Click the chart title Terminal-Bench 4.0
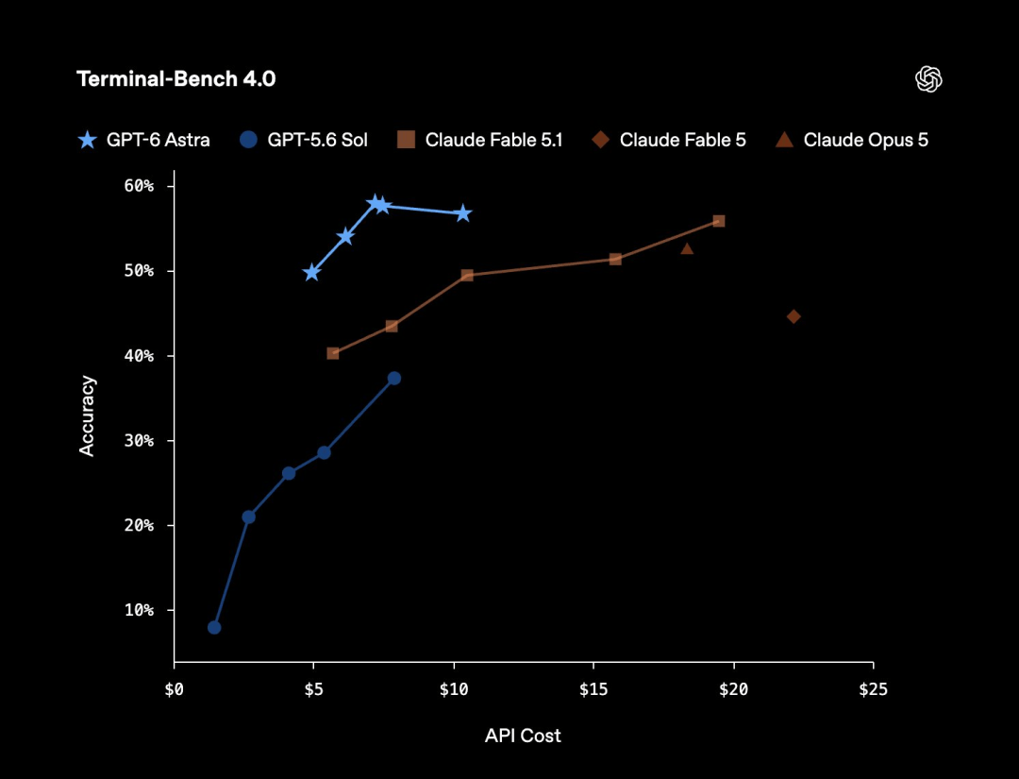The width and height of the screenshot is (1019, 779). click(x=176, y=79)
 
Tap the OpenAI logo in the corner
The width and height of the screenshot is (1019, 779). click(x=928, y=79)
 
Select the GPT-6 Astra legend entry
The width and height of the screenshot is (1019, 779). click(x=143, y=140)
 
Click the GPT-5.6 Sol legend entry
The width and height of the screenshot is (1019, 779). click(x=304, y=140)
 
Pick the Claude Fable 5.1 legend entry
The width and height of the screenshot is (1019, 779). click(x=479, y=140)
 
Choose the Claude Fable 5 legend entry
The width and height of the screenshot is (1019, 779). click(x=669, y=140)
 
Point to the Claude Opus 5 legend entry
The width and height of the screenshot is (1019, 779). click(x=852, y=140)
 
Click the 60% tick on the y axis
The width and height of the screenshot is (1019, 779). click(x=139, y=187)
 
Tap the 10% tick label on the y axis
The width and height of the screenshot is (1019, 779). click(x=139, y=611)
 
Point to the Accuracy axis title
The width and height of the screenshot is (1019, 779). click(x=87, y=416)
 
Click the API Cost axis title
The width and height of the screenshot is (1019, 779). click(x=523, y=736)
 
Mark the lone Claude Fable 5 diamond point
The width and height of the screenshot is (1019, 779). click(x=793, y=316)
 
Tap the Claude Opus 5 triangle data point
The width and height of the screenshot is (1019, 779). click(x=687, y=248)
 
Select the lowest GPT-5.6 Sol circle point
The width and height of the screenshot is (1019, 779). click(x=214, y=628)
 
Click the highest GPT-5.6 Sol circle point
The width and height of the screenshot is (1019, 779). click(x=393, y=379)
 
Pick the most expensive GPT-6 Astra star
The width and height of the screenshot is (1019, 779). click(x=462, y=213)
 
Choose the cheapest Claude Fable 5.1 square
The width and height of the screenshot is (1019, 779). click(x=333, y=353)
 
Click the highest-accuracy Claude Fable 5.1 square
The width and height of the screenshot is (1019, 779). click(x=719, y=221)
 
